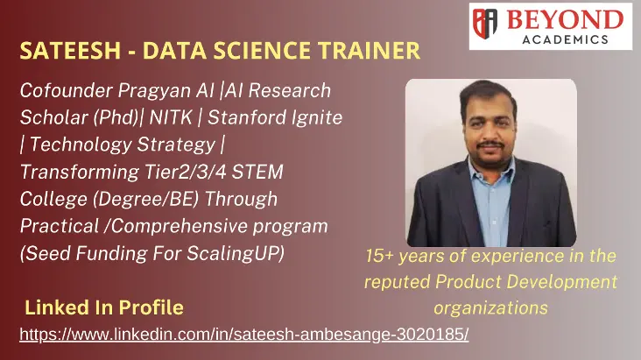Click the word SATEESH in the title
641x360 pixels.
(70, 51)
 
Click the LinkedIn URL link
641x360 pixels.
(244, 335)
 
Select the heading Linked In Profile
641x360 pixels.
(104, 307)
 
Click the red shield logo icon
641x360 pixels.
(485, 24)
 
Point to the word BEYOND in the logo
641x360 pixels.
(566, 19)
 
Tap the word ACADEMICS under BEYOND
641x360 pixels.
(566, 39)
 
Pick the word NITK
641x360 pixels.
(171, 117)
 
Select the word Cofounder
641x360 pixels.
(66, 90)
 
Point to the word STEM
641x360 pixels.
(257, 172)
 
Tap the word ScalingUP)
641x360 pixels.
(236, 254)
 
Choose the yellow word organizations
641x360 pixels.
(490, 308)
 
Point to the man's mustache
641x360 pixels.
(491, 145)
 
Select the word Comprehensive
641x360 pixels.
(179, 227)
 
